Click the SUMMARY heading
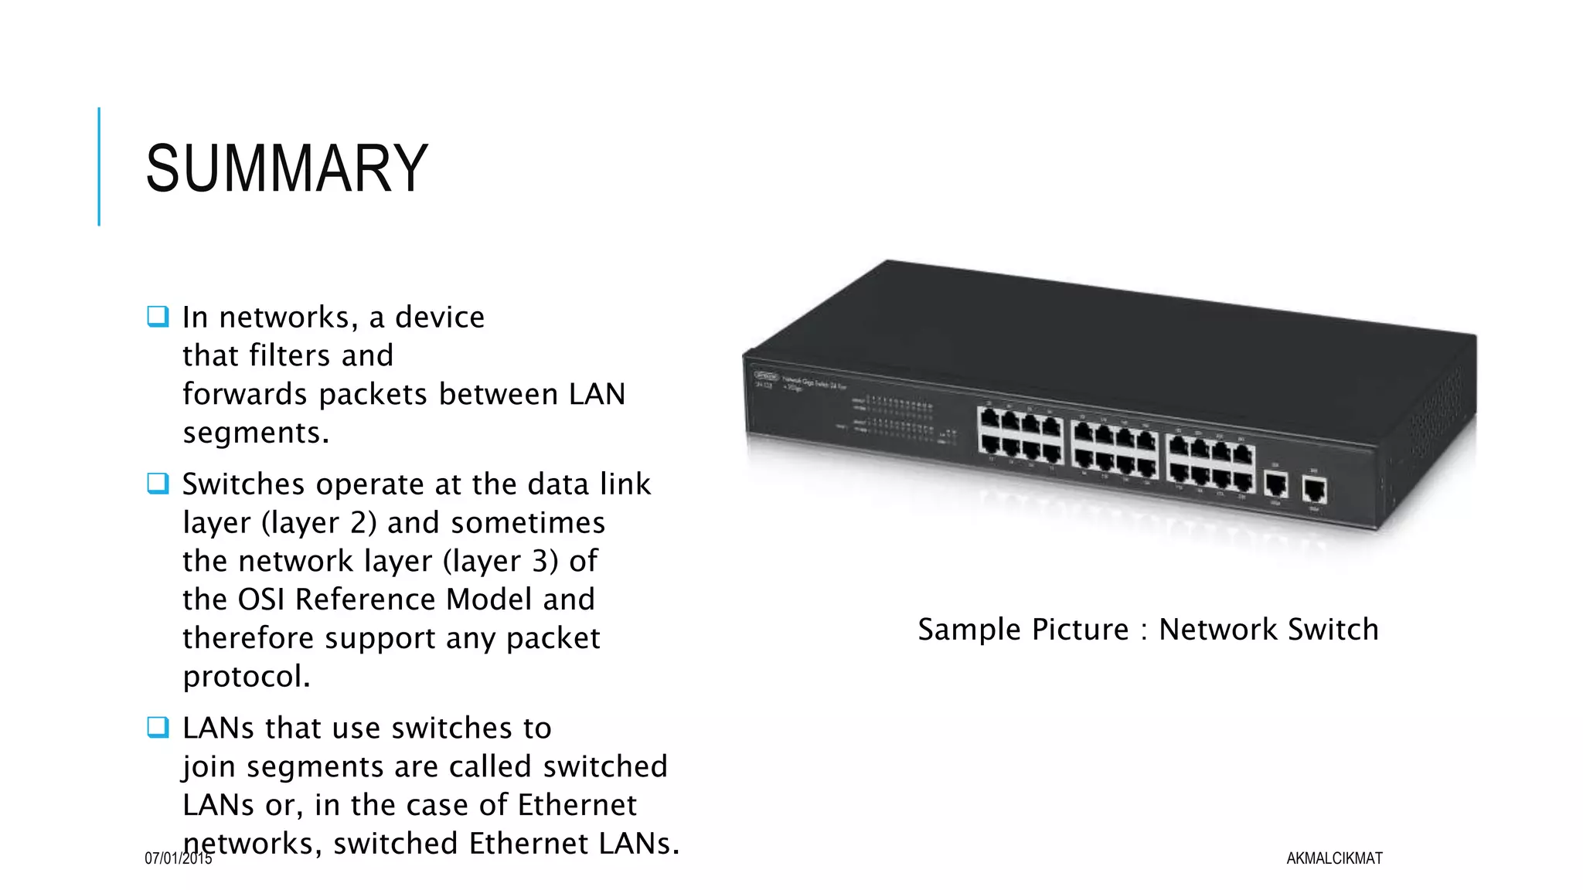pyautogui.click(x=287, y=168)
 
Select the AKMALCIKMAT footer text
pyautogui.click(x=1334, y=858)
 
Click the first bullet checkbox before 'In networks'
pyautogui.click(x=158, y=317)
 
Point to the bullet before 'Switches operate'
pyautogui.click(x=158, y=484)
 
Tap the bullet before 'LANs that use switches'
pyautogui.click(x=158, y=727)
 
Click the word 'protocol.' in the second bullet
pyautogui.click(x=247, y=677)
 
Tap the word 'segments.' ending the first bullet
pyautogui.click(x=256, y=433)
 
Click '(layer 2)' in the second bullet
pyautogui.click(x=319, y=523)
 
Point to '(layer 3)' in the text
pyautogui.click(x=501, y=562)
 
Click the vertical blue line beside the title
pyautogui.click(x=99, y=166)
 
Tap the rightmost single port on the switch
pyautogui.click(x=1314, y=490)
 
